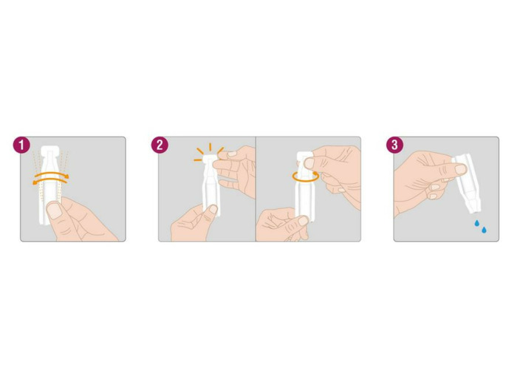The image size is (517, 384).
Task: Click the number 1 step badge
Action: (21, 145)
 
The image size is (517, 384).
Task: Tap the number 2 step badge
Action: (160, 145)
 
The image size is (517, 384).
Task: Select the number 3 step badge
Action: (394, 145)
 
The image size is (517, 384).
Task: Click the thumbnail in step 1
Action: (55, 210)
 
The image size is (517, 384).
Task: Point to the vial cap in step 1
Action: (49, 151)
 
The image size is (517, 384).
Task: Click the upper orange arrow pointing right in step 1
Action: (52, 174)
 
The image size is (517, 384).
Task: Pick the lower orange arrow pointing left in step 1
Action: (49, 180)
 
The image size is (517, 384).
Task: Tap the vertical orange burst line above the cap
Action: (210, 147)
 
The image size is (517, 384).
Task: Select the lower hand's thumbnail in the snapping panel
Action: (213, 209)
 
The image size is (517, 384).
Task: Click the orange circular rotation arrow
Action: (305, 176)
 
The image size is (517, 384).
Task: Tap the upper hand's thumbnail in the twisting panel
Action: (309, 162)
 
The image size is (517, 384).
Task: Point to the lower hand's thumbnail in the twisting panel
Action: (304, 220)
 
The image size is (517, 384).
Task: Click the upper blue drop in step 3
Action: (476, 224)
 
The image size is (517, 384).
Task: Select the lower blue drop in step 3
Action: (484, 230)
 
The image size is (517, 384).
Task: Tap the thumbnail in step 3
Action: (460, 169)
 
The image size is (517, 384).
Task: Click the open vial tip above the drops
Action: (476, 208)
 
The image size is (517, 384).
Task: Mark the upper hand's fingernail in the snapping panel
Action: (232, 154)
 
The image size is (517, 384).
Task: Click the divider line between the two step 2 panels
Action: (256, 189)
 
